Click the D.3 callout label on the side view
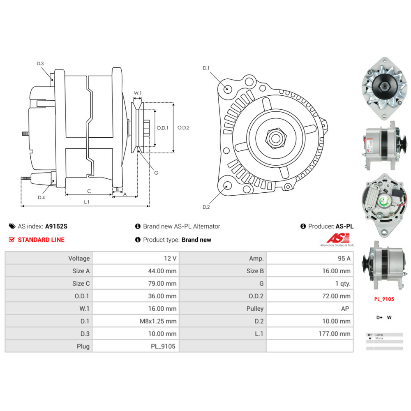[40, 63]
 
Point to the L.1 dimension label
[87, 202]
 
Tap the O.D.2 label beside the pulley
[183, 127]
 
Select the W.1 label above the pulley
[138, 93]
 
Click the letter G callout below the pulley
[156, 173]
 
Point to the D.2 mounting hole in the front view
[226, 186]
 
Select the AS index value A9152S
[56, 226]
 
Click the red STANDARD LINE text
[41, 240]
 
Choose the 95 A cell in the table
[343, 258]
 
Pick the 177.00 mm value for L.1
[335, 333]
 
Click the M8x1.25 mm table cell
[158, 321]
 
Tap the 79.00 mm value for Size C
[162, 283]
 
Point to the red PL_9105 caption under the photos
[384, 299]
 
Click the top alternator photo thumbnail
[384, 91]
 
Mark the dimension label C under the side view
[89, 191]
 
